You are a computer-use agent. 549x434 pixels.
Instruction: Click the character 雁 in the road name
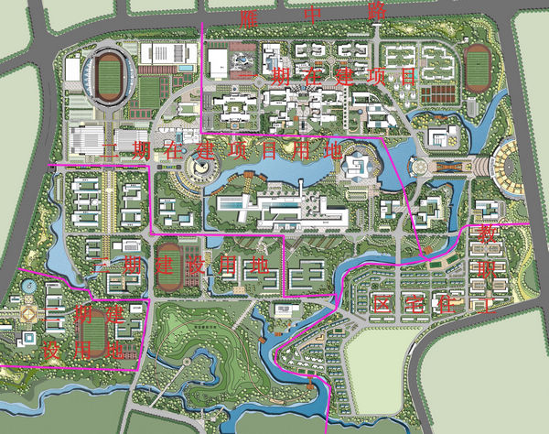click(247, 18)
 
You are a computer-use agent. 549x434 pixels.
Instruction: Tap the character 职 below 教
click(485, 270)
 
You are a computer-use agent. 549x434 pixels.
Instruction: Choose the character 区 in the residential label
click(382, 305)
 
